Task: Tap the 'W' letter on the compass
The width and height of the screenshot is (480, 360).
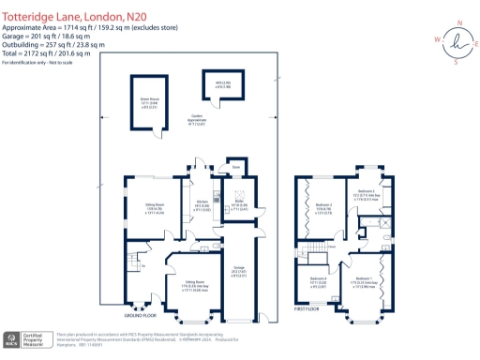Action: tap(436, 40)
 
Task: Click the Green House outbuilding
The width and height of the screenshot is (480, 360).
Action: tap(146, 102)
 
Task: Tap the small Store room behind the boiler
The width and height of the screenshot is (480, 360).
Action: tap(238, 168)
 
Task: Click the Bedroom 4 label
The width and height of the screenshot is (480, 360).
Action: tap(320, 279)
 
